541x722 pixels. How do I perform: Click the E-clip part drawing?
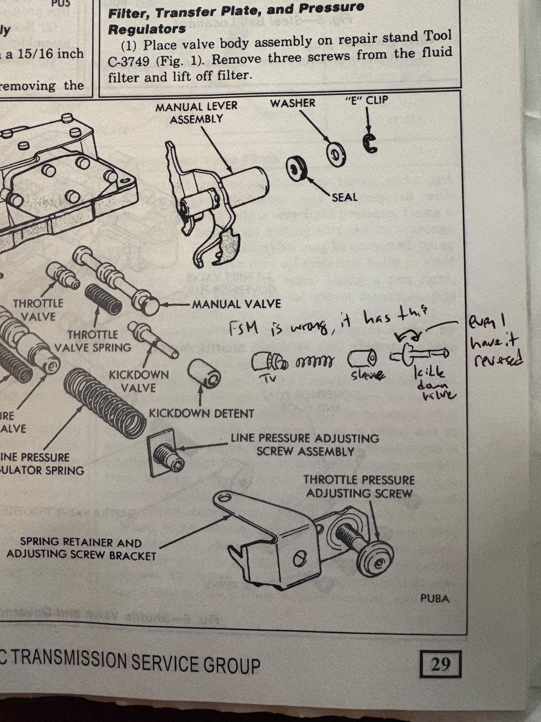click(370, 144)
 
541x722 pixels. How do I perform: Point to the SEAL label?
click(345, 198)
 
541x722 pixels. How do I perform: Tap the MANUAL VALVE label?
click(236, 304)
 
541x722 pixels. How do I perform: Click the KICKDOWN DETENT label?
click(201, 414)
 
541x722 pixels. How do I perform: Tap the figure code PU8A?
click(434, 599)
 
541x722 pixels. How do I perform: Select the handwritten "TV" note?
click(270, 378)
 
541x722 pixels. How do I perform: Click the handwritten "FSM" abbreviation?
click(243, 328)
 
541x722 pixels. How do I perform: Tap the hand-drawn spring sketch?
click(315, 362)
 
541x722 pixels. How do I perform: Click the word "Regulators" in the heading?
click(147, 29)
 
